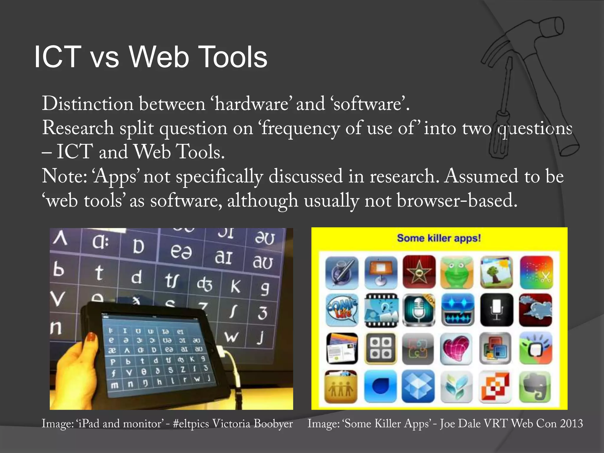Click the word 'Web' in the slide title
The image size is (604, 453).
pyautogui.click(x=159, y=57)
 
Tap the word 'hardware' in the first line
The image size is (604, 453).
pyautogui.click(x=252, y=104)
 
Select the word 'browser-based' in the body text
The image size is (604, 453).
pyautogui.click(x=457, y=200)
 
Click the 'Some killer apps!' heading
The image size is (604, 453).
pyautogui.click(x=439, y=238)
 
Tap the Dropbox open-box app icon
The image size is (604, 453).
pyautogui.click(x=418, y=386)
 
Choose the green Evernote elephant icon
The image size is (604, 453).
pyautogui.click(x=535, y=387)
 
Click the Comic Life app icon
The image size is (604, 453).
pyautogui.click(x=342, y=310)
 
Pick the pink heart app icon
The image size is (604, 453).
pyautogui.click(x=456, y=348)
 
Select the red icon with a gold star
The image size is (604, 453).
pyautogui.click(x=419, y=272)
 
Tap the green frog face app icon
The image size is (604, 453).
pyautogui.click(x=457, y=272)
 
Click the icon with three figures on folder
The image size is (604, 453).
pyautogui.click(x=341, y=387)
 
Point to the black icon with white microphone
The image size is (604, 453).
pyautogui.click(x=497, y=310)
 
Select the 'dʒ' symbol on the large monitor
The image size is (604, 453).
pyautogui.click(x=204, y=285)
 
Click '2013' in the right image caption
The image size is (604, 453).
pyautogui.click(x=571, y=424)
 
